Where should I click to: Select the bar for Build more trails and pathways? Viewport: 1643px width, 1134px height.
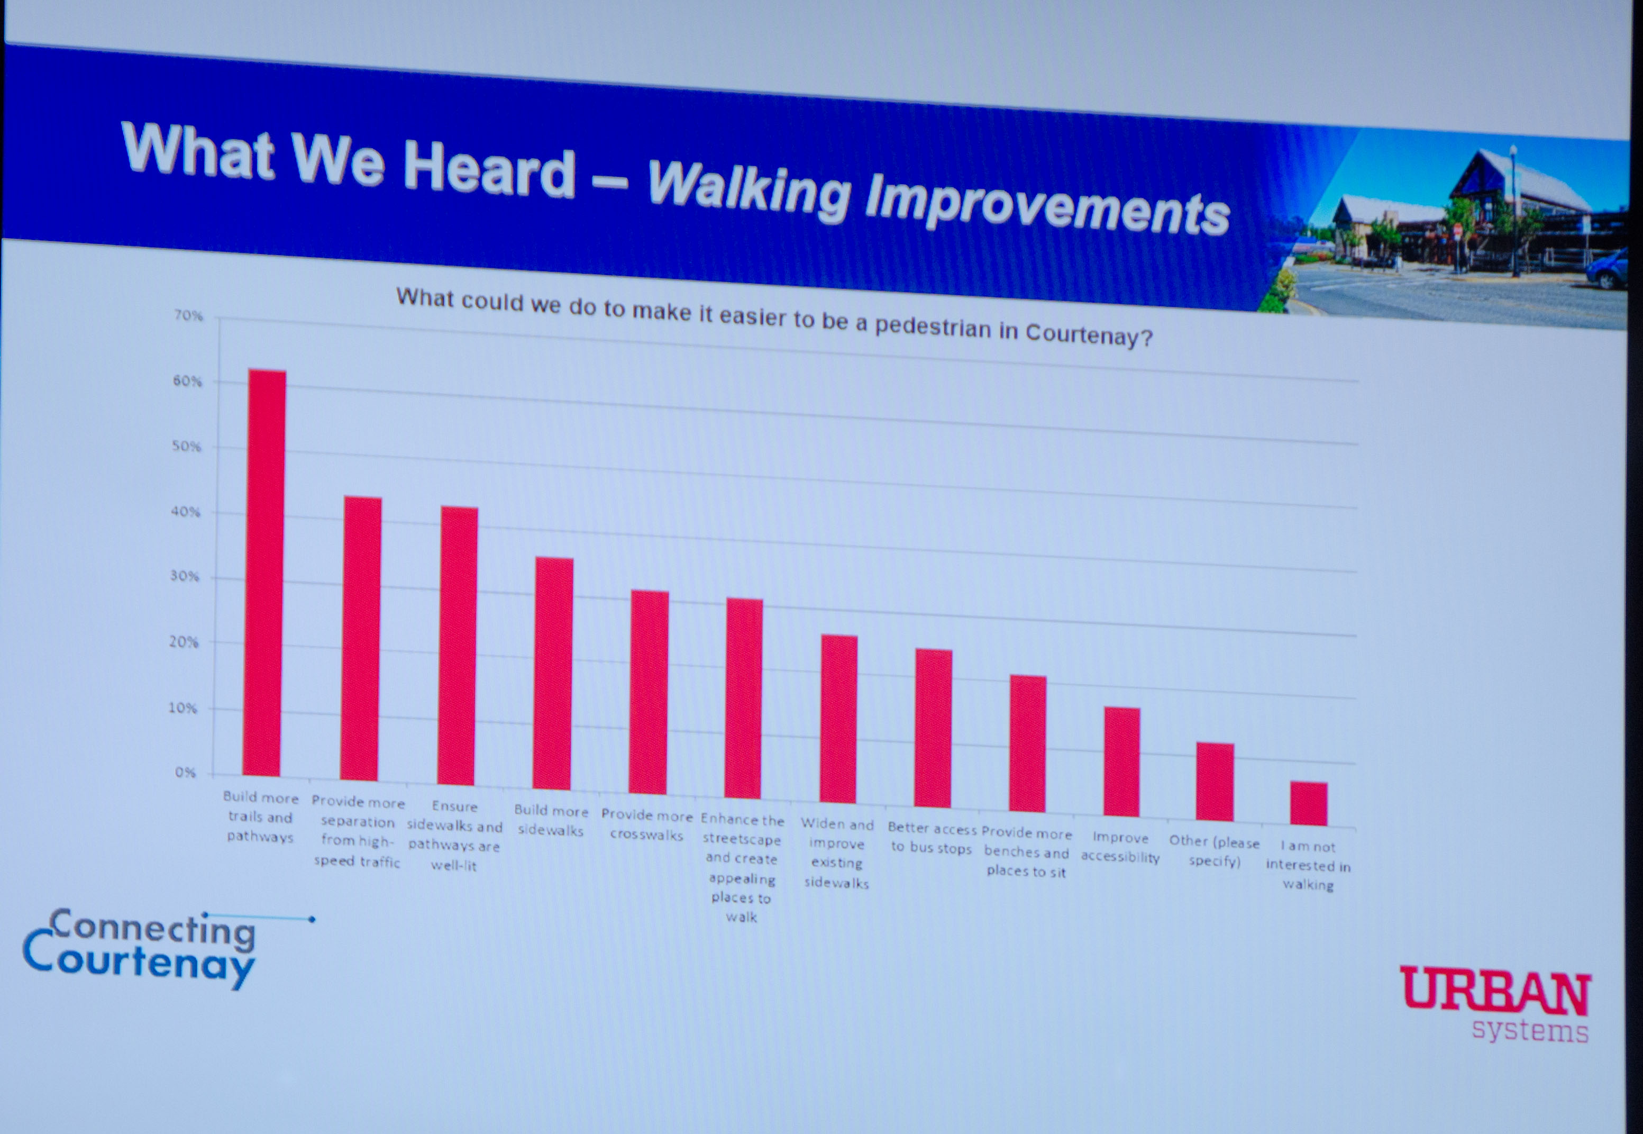tap(264, 573)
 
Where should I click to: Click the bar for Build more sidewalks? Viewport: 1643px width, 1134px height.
tap(553, 674)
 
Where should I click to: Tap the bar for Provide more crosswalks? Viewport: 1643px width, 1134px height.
tap(649, 692)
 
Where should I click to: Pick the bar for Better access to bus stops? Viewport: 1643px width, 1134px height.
tap(933, 728)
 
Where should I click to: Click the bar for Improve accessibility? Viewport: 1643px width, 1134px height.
tap(1121, 761)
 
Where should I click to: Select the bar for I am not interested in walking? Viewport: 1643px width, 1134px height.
tap(1309, 804)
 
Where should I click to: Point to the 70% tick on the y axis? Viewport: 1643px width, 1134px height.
tap(188, 315)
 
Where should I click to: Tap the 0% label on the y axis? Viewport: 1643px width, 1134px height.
tap(185, 773)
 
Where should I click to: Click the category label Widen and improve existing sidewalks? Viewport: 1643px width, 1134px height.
tap(837, 854)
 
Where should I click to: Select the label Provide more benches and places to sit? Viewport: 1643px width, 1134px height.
tap(1026, 852)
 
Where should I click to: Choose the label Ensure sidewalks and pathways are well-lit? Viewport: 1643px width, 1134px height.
tap(454, 836)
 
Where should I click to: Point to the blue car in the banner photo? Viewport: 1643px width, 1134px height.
tap(1607, 269)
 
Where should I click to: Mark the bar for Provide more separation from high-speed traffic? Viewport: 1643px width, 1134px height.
tap(361, 639)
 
